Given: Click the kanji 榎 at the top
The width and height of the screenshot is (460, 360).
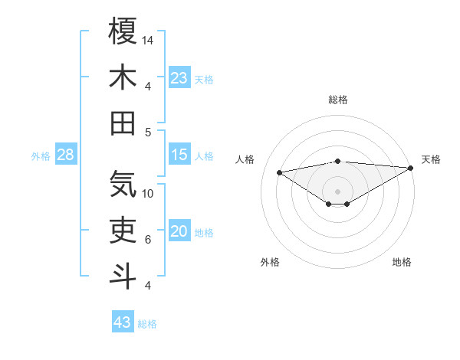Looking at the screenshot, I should tap(123, 31).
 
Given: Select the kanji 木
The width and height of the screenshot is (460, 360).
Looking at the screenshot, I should tap(123, 77).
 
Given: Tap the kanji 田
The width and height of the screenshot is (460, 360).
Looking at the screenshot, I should tap(123, 123).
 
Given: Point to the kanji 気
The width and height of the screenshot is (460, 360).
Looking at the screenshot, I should tap(123, 185).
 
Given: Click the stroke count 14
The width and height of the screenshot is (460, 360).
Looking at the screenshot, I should tap(149, 40).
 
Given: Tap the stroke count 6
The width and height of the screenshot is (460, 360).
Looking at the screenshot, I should tap(148, 239).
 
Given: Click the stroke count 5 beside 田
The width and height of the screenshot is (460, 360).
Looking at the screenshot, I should tap(148, 132).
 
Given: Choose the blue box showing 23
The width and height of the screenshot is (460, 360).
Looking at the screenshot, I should tap(179, 78).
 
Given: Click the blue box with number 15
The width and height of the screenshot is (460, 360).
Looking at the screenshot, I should tap(179, 155).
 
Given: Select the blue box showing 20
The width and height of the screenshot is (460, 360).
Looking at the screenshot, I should tap(179, 232).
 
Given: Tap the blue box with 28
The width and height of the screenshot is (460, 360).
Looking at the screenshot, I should tap(66, 155).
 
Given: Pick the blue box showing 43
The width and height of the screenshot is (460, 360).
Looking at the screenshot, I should tap(123, 322).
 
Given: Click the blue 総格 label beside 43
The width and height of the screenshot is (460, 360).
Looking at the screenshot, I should tap(147, 324).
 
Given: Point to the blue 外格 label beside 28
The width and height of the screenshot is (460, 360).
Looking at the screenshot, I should tap(41, 156).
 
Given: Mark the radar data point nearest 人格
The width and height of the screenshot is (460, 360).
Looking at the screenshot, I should tap(280, 172).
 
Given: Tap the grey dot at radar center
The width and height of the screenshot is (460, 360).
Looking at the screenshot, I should tap(338, 191).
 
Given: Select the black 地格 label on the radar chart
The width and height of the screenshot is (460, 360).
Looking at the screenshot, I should tap(401, 262).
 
